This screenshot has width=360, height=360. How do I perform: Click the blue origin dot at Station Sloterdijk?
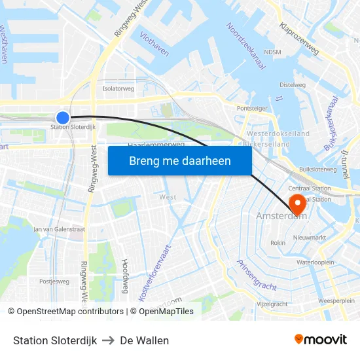coord(63,118)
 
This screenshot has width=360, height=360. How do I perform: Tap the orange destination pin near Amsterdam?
coord(298,204)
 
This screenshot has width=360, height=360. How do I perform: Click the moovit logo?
coord(321,340)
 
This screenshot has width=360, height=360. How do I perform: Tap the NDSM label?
coord(272,52)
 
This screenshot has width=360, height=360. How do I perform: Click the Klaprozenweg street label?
coord(298,39)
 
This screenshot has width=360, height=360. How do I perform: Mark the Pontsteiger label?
coord(252,109)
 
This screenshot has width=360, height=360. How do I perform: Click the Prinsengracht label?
coord(256,275)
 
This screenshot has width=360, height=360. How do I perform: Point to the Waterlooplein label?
coord(315,262)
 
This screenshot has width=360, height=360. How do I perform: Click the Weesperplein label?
coord(336,300)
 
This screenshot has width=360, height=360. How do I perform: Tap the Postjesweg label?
coord(54,281)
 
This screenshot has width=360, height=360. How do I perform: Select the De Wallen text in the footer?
coord(144,340)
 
